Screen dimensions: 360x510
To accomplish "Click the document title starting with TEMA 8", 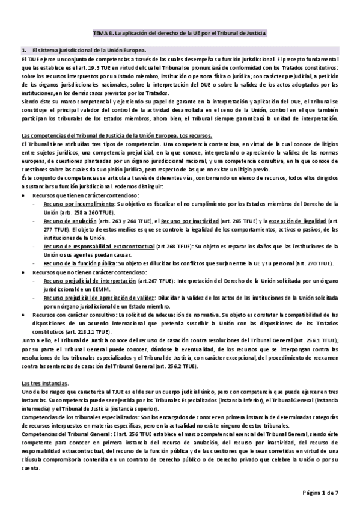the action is coord(180,34).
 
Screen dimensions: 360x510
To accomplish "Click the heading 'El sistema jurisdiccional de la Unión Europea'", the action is coord(91,51).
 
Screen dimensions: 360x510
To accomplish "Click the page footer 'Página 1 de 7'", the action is coord(321,493).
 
